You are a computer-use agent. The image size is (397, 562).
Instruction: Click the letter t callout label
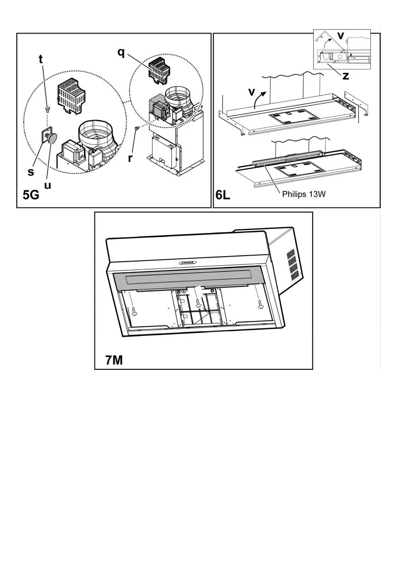pyautogui.click(x=41, y=59)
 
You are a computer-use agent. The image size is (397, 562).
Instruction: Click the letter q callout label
pyautogui.click(x=121, y=53)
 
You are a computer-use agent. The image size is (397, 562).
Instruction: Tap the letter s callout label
pyautogui.click(x=31, y=172)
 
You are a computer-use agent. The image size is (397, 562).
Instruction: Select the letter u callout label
pyautogui.click(x=48, y=185)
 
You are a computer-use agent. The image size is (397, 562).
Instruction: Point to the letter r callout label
pyautogui.click(x=130, y=158)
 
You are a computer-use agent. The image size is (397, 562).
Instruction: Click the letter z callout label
pyautogui.click(x=346, y=76)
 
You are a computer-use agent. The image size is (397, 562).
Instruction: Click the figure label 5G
pyautogui.click(x=31, y=195)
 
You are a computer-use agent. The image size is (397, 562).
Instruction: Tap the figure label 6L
pyautogui.click(x=223, y=195)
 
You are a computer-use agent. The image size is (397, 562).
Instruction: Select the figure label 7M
pyautogui.click(x=114, y=360)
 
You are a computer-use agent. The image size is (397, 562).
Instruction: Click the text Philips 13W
pyautogui.click(x=304, y=194)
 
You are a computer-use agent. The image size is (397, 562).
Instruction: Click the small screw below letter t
pyautogui.click(x=47, y=108)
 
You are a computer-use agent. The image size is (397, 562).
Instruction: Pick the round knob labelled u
pyautogui.click(x=51, y=138)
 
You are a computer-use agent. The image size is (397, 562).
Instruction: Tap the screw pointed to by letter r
pyautogui.click(x=137, y=128)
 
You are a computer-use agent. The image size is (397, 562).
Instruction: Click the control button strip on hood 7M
pyautogui.click(x=187, y=263)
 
